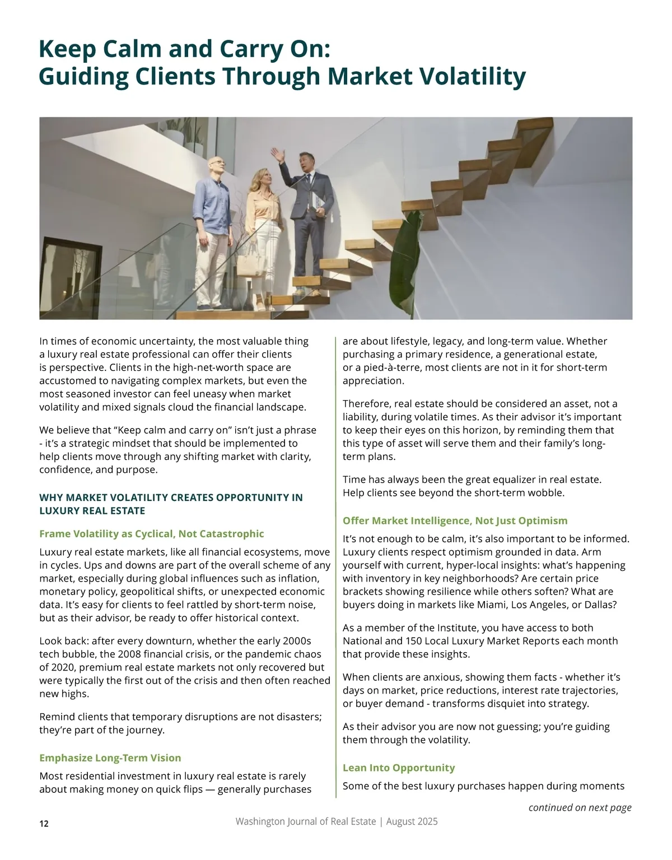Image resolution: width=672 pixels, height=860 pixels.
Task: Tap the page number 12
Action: [x=44, y=824]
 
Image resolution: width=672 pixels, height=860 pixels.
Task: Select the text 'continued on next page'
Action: [x=580, y=807]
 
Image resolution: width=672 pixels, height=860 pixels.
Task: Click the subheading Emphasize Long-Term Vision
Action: [x=110, y=758]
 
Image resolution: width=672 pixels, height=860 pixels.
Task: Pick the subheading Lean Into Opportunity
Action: [x=399, y=768]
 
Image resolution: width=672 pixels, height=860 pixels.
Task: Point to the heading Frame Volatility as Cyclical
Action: [x=151, y=533]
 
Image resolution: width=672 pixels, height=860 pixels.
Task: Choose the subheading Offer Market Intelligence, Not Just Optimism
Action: [x=455, y=520]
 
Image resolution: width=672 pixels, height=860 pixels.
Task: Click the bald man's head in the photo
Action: [x=218, y=165]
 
